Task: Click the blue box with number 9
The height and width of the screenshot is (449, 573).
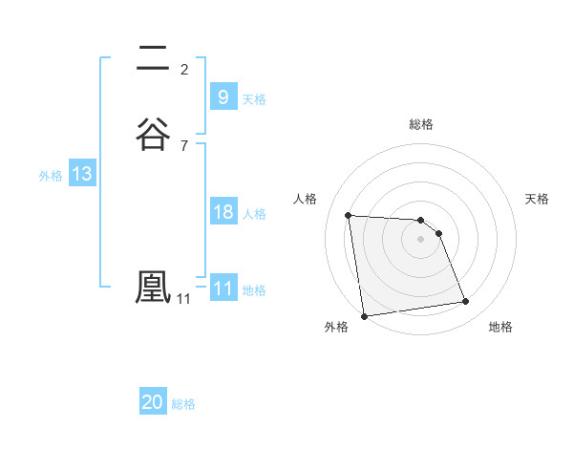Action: point(223,96)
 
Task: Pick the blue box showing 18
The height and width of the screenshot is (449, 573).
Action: point(223,212)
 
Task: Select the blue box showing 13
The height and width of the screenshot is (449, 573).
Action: point(81,174)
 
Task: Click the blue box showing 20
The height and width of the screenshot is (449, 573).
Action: point(153,402)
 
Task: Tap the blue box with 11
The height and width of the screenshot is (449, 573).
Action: point(223,289)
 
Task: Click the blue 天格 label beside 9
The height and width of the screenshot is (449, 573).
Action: point(254,98)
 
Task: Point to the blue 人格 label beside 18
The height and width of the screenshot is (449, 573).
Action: point(254,214)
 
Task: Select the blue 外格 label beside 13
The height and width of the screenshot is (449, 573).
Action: point(51,176)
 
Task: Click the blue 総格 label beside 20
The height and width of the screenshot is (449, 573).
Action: point(183,404)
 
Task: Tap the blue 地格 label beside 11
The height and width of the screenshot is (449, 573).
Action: point(254,290)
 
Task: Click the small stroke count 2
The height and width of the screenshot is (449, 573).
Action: point(184,69)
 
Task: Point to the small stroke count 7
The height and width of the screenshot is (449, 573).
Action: point(184,145)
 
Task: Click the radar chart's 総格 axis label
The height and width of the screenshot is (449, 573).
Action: point(421,124)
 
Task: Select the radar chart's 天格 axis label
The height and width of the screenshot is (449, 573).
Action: point(537,199)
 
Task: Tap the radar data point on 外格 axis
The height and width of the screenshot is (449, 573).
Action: point(364,315)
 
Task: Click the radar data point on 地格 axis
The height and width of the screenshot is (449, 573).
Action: point(466,302)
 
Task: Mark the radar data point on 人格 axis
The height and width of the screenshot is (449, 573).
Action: point(348,215)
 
